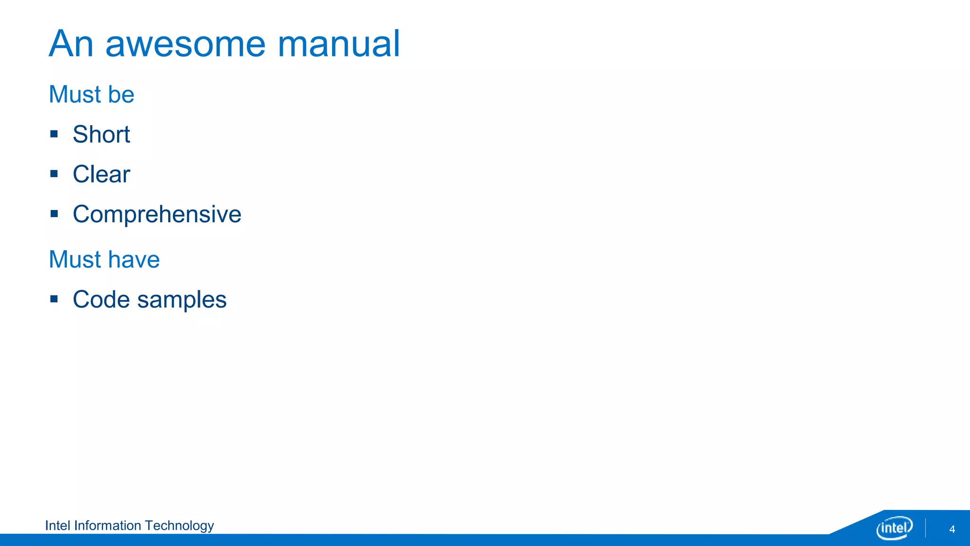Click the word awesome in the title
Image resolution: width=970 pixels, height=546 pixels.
(185, 44)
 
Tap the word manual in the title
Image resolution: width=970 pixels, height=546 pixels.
(339, 44)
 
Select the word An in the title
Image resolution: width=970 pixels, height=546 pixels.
(71, 44)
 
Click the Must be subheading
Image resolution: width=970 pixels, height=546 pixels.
(91, 94)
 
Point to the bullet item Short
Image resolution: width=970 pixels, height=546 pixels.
(101, 134)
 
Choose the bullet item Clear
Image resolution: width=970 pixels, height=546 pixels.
(101, 174)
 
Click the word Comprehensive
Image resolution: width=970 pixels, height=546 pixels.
(157, 214)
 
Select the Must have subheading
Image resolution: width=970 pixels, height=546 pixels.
(104, 259)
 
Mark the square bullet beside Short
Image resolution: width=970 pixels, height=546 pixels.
(54, 134)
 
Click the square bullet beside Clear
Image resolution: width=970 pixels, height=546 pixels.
(54, 174)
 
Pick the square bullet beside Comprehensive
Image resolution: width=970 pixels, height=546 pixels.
(54, 214)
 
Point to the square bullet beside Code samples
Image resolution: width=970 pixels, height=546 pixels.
(54, 299)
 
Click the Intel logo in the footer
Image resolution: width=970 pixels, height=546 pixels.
(894, 528)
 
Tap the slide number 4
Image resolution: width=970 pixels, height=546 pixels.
(952, 529)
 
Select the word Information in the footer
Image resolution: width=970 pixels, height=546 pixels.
(108, 526)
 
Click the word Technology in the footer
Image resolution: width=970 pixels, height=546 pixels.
(179, 526)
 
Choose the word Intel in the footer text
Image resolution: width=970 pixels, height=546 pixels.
(57, 526)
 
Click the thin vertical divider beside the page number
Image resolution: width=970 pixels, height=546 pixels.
(925, 528)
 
